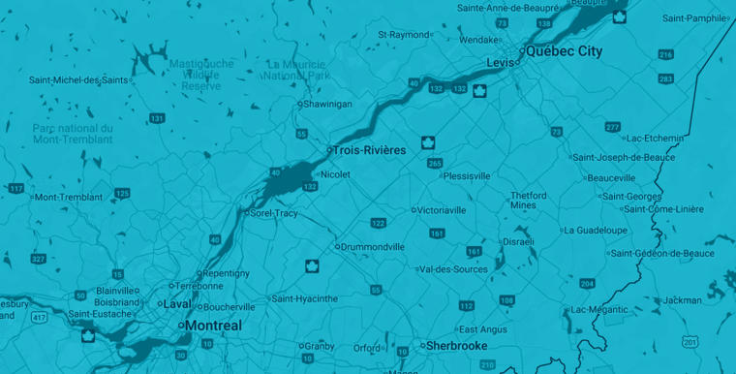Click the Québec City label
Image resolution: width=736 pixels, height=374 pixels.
click(565, 51)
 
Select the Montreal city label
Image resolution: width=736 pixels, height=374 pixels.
click(213, 326)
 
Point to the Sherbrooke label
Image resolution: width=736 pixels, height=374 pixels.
click(455, 345)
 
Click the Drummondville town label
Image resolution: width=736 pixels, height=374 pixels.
click(373, 246)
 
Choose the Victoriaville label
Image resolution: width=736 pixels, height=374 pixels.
click(443, 209)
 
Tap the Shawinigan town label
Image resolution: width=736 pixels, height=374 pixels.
click(328, 104)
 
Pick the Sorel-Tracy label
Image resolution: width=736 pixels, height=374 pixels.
click(274, 213)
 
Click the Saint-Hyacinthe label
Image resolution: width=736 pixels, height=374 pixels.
click(306, 298)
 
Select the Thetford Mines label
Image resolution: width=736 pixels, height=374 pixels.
click(530, 200)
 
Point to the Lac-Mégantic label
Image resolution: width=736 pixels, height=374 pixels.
click(599, 309)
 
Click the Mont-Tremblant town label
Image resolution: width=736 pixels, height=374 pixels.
click(68, 197)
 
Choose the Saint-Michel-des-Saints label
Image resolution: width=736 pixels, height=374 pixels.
click(78, 80)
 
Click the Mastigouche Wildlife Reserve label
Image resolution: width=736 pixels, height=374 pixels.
click(201, 75)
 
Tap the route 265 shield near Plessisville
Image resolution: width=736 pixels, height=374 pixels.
click(434, 164)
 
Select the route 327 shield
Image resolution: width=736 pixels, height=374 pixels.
click(38, 259)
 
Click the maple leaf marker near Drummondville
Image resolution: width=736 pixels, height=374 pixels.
click(312, 265)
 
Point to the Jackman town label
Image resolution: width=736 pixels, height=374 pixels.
click(683, 300)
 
